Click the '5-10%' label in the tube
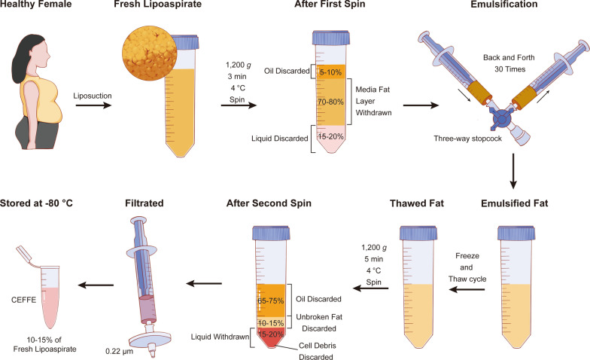pos(333,72)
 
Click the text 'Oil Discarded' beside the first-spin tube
pos(287,72)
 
